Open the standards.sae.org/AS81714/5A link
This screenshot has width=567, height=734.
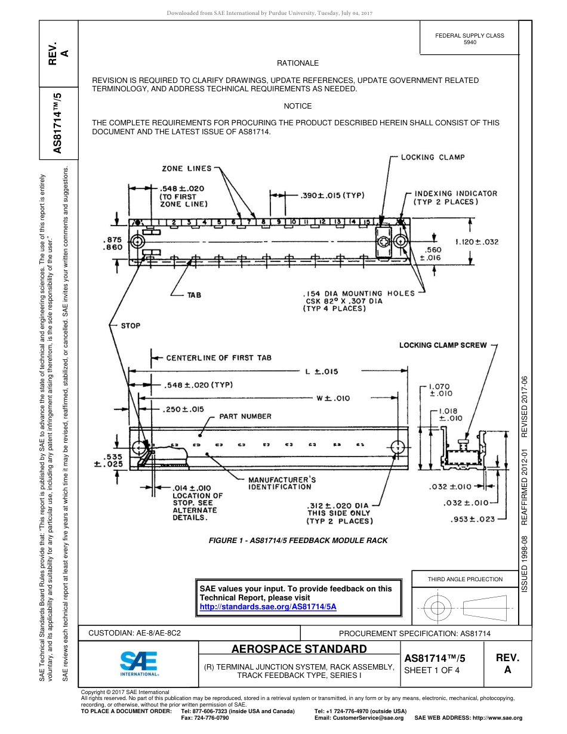click(268, 606)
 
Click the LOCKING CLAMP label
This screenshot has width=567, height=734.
click(432, 158)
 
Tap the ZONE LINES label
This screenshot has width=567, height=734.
click(186, 169)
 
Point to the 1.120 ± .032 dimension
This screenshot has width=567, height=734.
click(476, 242)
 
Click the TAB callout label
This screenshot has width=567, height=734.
click(194, 295)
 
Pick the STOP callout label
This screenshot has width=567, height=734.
click(131, 326)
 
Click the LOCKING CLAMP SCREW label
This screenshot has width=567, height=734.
click(443, 345)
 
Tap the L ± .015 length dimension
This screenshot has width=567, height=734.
click(322, 371)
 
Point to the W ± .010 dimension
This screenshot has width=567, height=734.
click(333, 397)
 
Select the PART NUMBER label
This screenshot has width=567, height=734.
click(245, 417)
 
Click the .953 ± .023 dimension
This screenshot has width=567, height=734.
click(473, 519)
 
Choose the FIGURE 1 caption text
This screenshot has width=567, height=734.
click(298, 541)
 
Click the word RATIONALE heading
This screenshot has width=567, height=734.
click(298, 63)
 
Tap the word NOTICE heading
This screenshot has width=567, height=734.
click(298, 106)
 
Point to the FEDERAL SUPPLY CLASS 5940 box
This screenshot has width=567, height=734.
click(470, 39)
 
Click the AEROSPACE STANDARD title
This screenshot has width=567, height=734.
click(298, 649)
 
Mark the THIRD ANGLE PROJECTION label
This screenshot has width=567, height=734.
click(465, 579)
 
